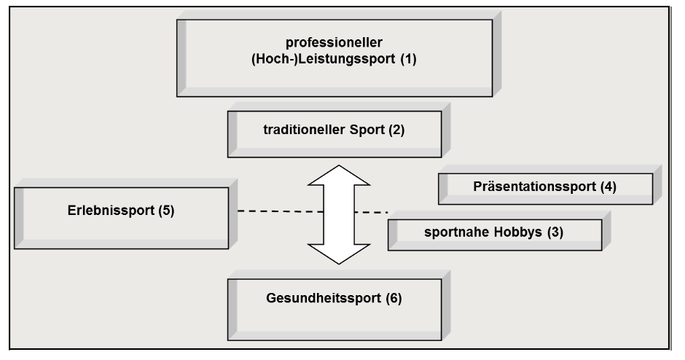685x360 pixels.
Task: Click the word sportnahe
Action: coord(450,232)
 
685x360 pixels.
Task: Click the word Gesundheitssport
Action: coord(319,299)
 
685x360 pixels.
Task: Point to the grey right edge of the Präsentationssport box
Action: coord(657,187)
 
